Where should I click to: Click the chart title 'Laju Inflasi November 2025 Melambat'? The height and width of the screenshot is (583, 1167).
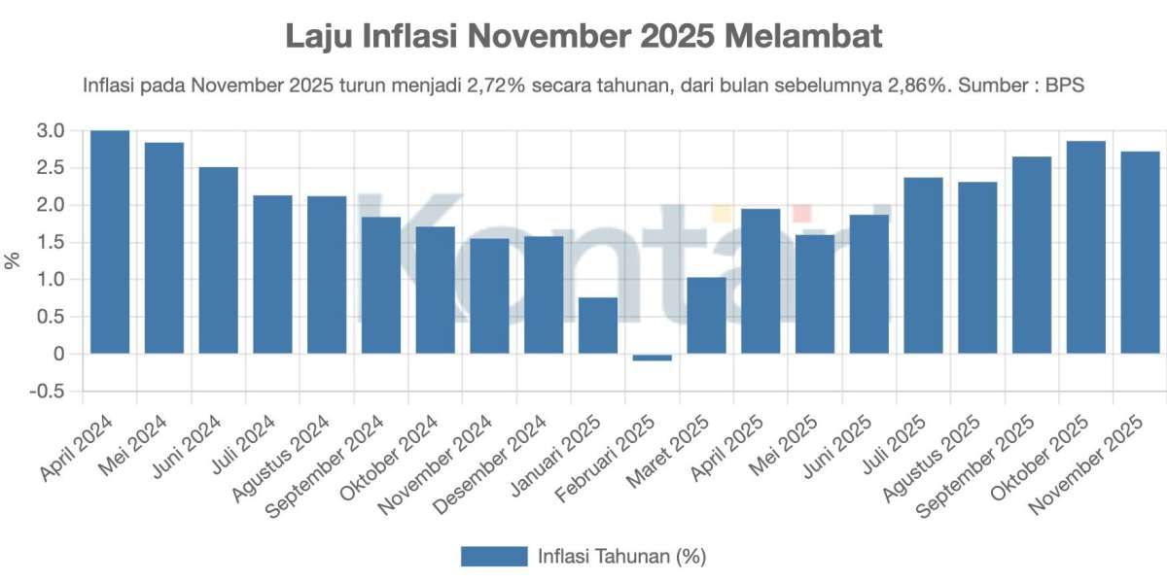tap(583, 36)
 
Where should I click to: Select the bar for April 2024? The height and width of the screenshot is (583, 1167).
tap(110, 242)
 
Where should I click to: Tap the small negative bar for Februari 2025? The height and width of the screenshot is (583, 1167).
tap(652, 358)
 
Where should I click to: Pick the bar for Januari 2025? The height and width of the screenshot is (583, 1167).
tap(598, 326)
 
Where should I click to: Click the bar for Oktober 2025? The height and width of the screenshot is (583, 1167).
tap(1086, 248)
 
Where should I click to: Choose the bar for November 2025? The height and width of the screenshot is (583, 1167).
tap(1140, 253)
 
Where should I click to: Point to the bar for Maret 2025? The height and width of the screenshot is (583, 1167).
tap(706, 316)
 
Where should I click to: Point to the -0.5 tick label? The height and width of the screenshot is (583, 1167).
tap(49, 392)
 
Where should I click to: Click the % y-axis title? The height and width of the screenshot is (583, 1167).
tap(13, 260)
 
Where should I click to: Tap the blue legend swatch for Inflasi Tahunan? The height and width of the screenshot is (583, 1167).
tap(493, 556)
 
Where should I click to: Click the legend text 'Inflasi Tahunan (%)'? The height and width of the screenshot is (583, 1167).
tap(621, 556)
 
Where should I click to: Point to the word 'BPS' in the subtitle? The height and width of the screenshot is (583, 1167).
tap(1064, 86)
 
